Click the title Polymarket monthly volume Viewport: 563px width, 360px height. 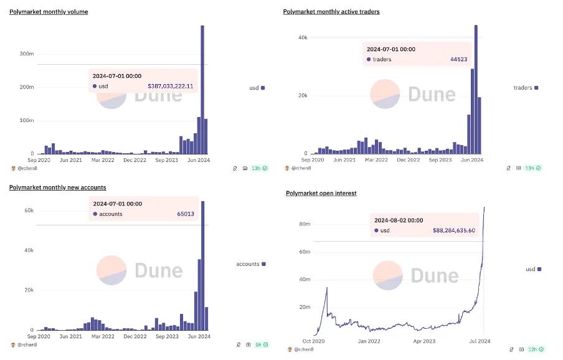tap(49, 12)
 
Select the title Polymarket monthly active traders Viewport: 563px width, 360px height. tap(331, 12)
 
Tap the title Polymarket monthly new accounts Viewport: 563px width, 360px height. tap(57, 187)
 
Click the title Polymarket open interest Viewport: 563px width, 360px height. tap(321, 194)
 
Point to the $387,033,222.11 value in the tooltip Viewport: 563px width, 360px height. tap(170, 86)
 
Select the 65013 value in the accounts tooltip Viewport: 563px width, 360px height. tap(186, 214)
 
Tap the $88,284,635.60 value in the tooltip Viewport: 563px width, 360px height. tap(453, 230)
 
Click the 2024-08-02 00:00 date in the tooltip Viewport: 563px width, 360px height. tap(399, 220)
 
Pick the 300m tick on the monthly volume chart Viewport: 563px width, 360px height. tap(26, 54)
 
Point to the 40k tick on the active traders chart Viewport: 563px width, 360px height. tap(302, 37)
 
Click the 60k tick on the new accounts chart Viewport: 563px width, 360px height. tap(29, 211)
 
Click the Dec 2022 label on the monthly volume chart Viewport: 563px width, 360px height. tap(135, 160)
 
